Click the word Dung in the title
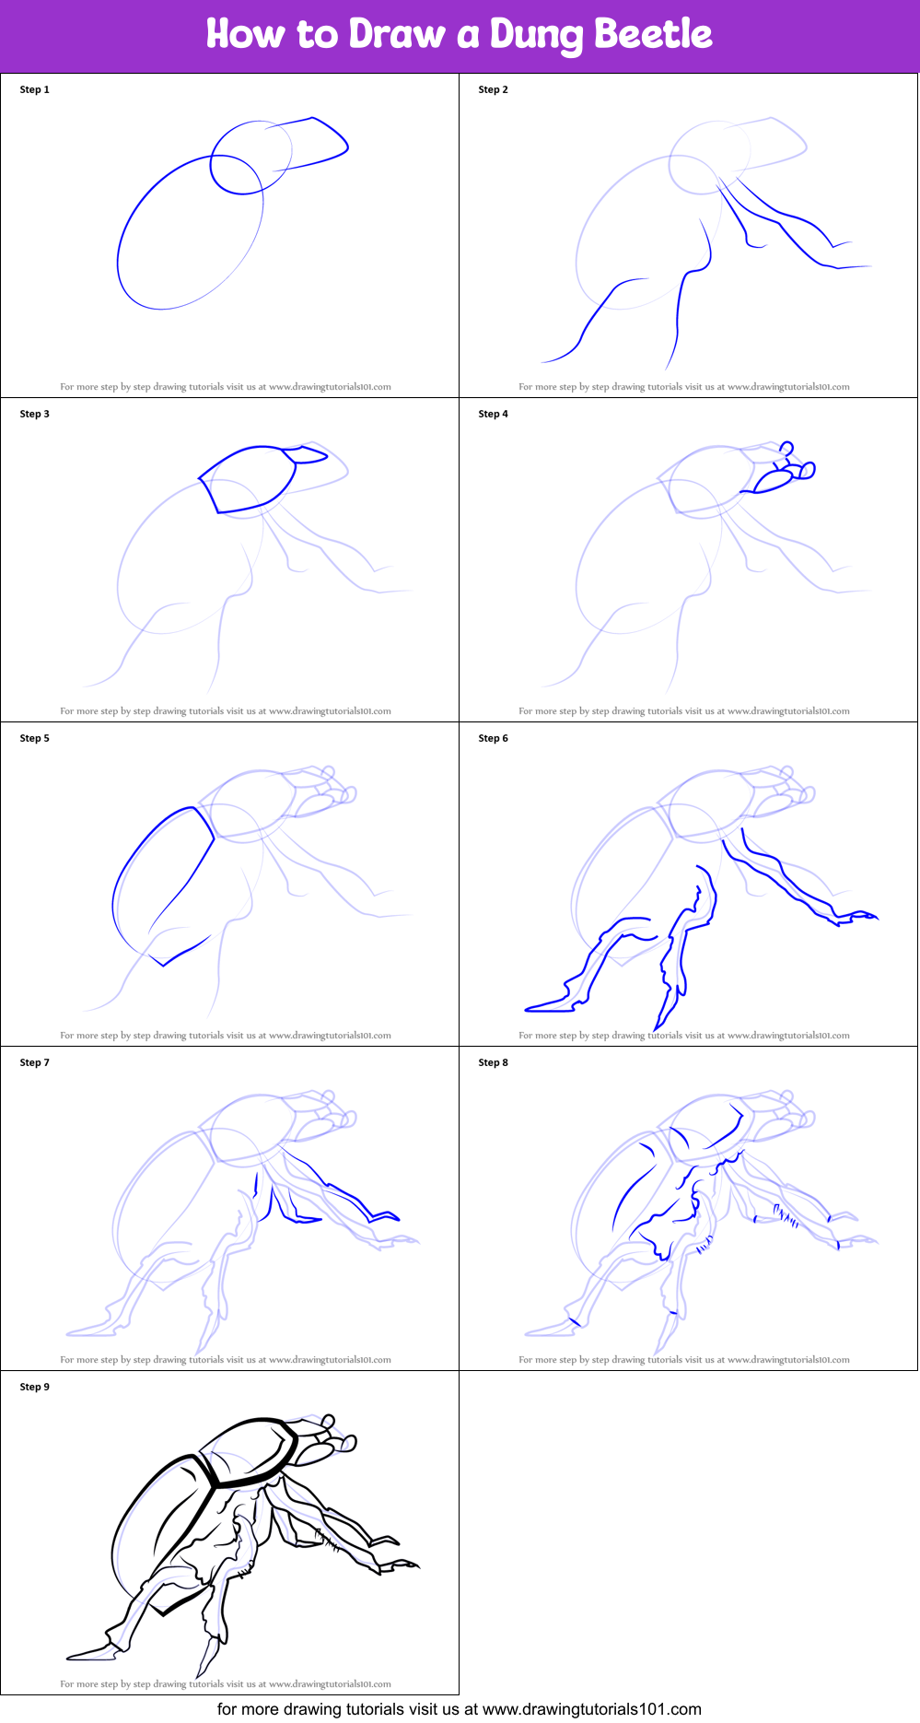pyautogui.click(x=538, y=35)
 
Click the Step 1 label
pyautogui.click(x=35, y=89)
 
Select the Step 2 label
pyautogui.click(x=494, y=89)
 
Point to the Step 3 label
pyautogui.click(x=35, y=414)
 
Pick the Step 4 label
pyautogui.click(x=494, y=414)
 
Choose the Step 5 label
pyautogui.click(x=35, y=738)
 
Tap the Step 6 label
pyautogui.click(x=494, y=738)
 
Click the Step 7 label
pyautogui.click(x=35, y=1062)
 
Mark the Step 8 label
pyautogui.click(x=494, y=1062)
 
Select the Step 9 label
pyautogui.click(x=35, y=1387)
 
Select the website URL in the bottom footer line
pyautogui.click(x=591, y=1709)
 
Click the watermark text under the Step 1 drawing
pyautogui.click(x=226, y=387)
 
